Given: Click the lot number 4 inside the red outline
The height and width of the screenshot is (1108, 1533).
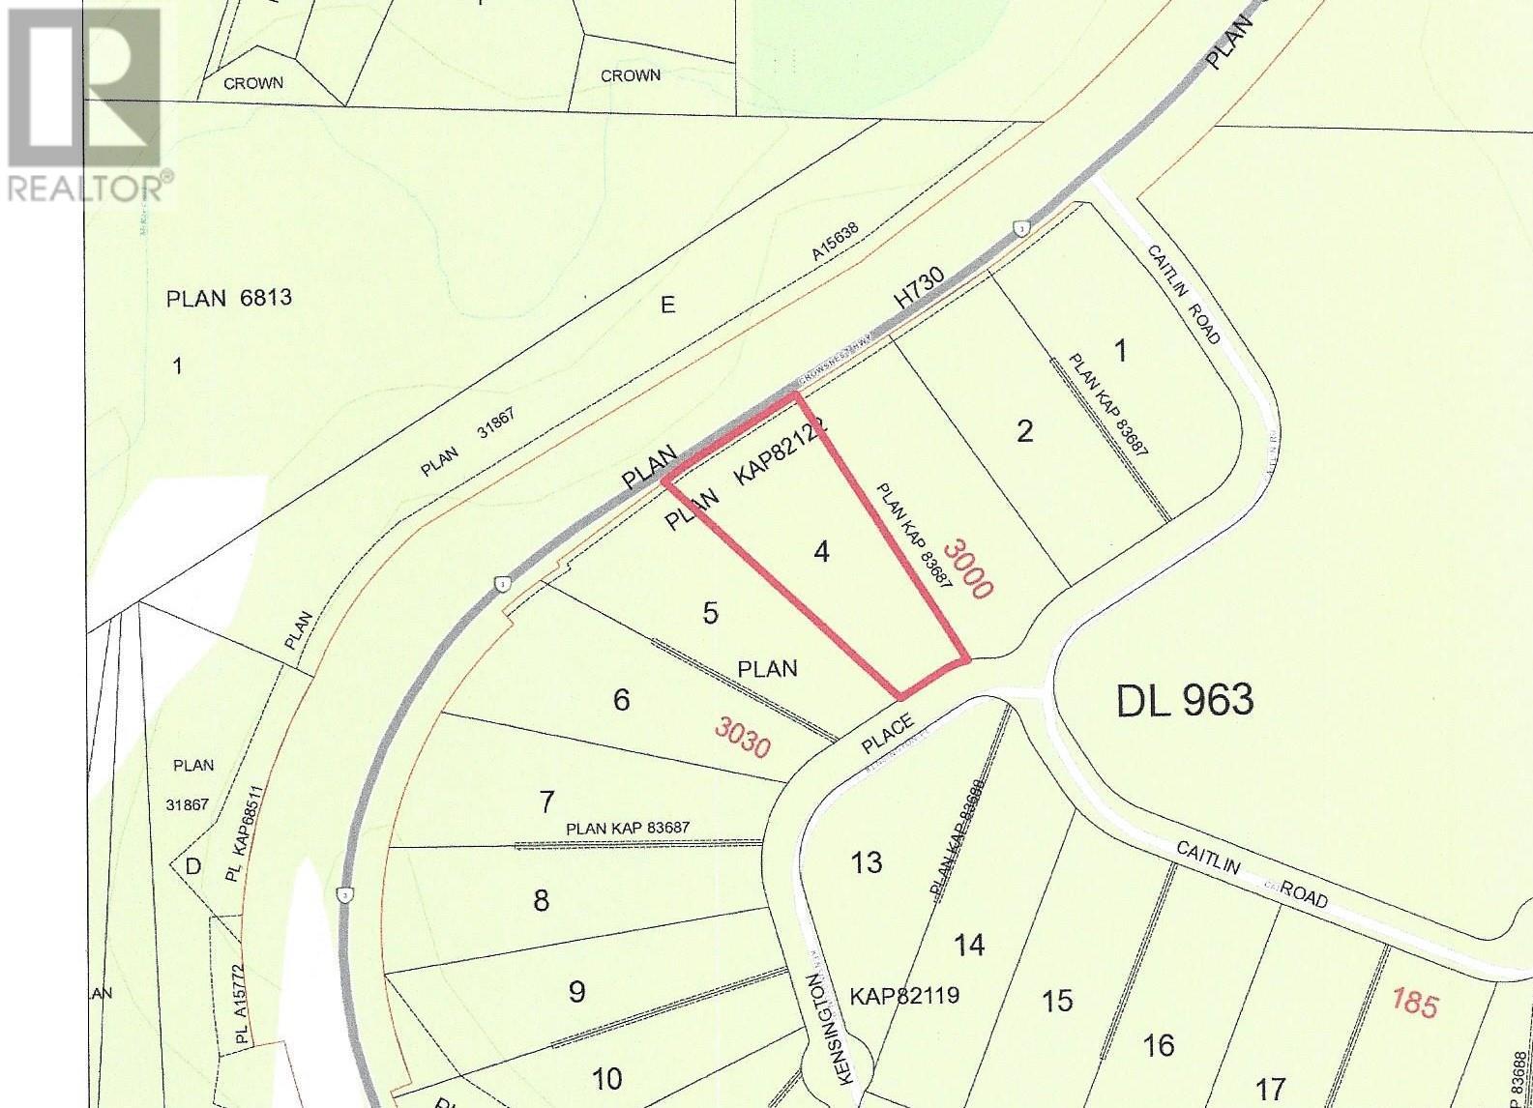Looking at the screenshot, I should (x=821, y=552).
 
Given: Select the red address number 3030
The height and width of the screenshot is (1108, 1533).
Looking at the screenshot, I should (x=743, y=737).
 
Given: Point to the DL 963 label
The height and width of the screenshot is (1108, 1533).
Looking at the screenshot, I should (x=1185, y=700).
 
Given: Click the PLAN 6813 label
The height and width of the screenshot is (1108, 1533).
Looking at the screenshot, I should (x=229, y=298).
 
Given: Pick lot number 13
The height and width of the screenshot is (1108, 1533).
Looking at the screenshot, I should (x=867, y=861).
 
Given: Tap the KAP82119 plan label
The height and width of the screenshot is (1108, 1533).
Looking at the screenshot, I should (x=904, y=995).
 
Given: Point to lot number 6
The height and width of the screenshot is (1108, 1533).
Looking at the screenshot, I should (x=621, y=699).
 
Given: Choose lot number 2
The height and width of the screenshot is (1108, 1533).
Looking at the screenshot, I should (x=1025, y=431).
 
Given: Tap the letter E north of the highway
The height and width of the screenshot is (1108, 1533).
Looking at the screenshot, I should (x=667, y=306).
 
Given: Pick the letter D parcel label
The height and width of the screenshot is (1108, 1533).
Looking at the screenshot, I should (x=193, y=865).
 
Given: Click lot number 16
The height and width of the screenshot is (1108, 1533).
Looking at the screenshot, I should (x=1159, y=1045).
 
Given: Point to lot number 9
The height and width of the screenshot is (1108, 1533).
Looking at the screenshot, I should (x=576, y=992).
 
